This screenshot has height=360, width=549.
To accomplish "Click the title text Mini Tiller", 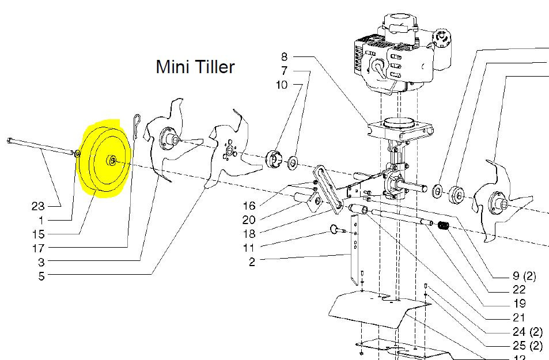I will pyautogui.click(x=195, y=67).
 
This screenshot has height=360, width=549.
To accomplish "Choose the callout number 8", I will pyautogui.click(x=284, y=56).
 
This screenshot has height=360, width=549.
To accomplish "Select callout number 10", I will pyautogui.click(x=282, y=85).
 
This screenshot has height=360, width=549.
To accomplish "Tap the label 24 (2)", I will pyautogui.click(x=528, y=332).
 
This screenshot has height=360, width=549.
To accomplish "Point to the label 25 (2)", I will pyautogui.click(x=528, y=346).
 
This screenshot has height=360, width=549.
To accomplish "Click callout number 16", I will pyautogui.click(x=248, y=206).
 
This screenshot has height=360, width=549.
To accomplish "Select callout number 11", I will pyautogui.click(x=248, y=248).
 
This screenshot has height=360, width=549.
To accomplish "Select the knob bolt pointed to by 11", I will pyautogui.click(x=335, y=230).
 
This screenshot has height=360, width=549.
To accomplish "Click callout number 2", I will pyautogui.click(x=252, y=262).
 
